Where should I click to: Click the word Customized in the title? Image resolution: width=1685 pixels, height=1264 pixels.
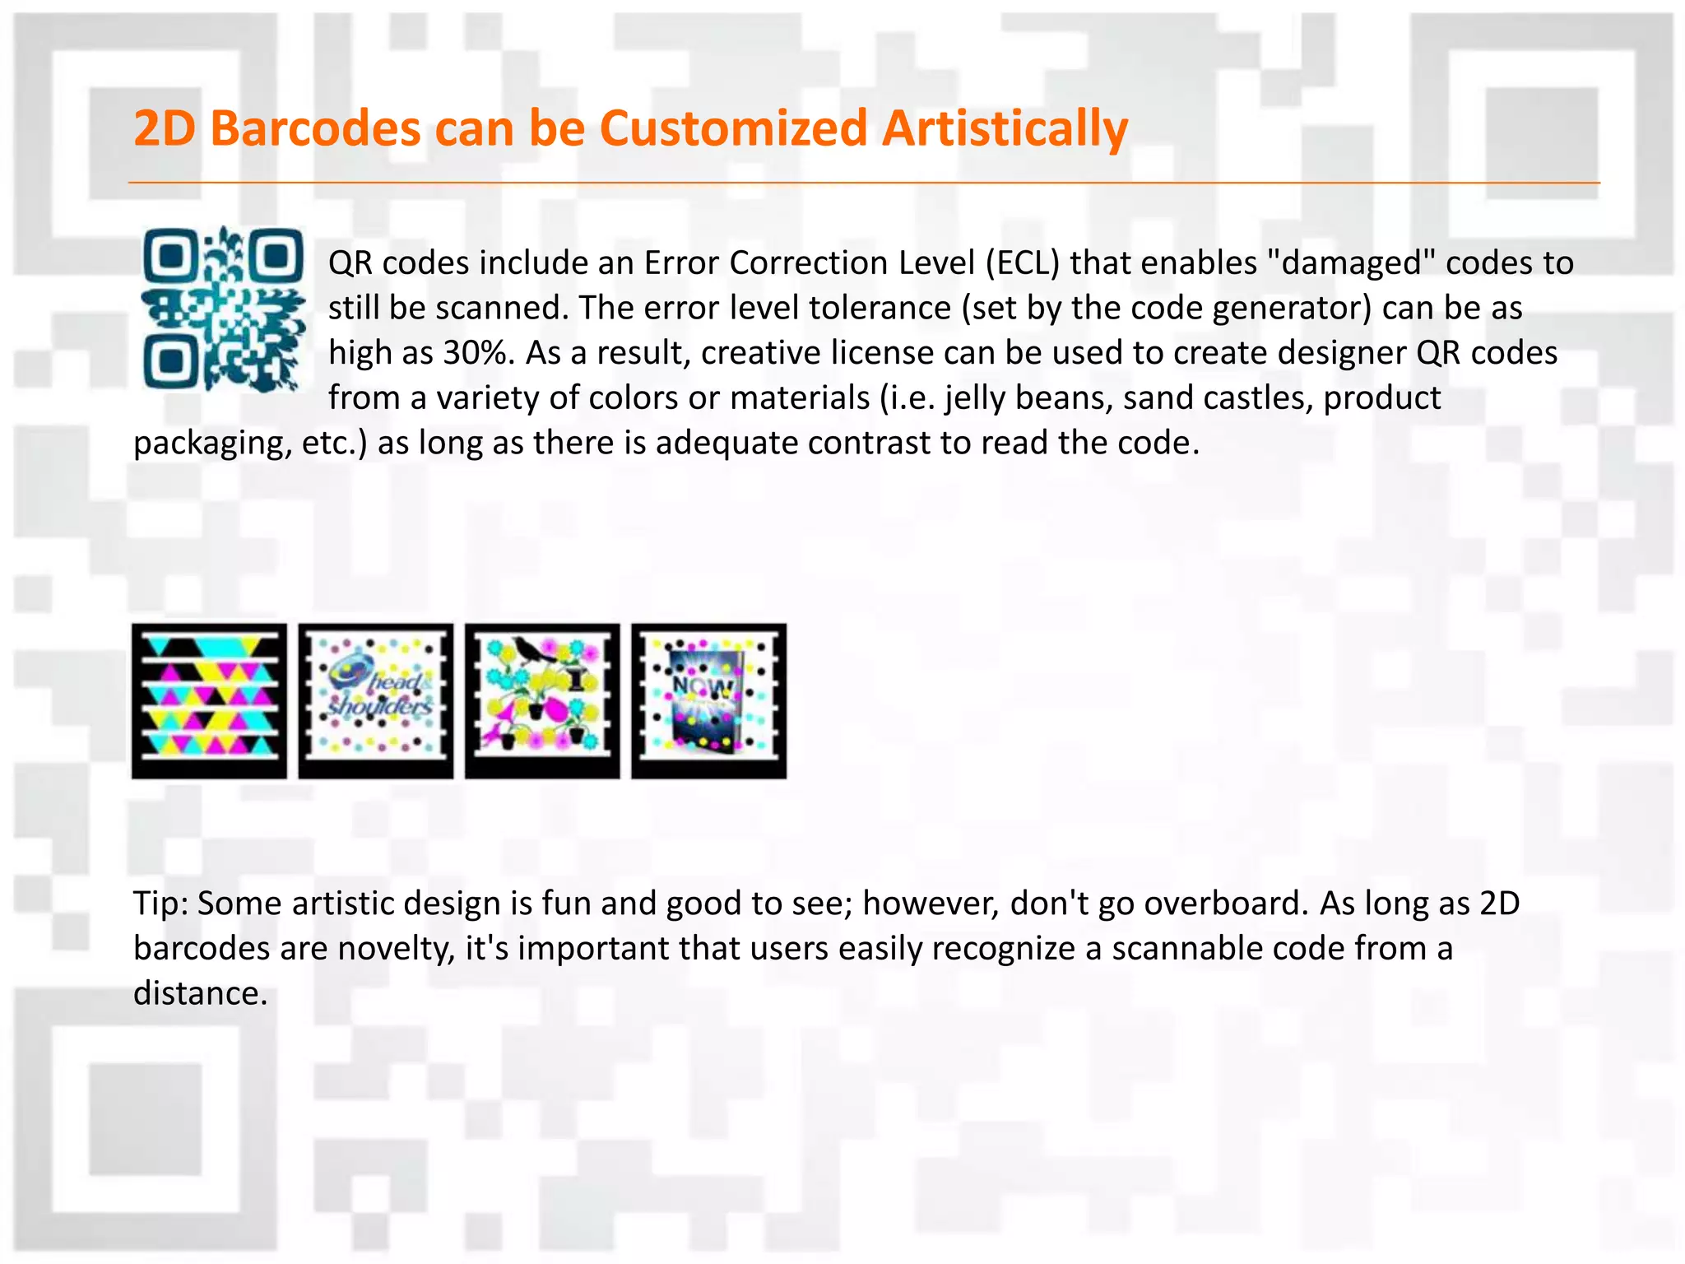(732, 129)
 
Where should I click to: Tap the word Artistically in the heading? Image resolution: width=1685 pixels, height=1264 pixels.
(1005, 129)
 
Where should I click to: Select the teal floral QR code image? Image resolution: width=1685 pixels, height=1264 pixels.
(223, 309)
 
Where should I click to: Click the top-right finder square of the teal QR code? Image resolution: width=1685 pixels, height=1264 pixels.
(276, 257)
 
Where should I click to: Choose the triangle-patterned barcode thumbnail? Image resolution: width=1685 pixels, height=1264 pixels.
(209, 700)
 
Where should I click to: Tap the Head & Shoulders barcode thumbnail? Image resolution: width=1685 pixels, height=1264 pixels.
(375, 700)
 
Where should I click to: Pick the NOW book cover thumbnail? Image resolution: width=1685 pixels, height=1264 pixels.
(708, 700)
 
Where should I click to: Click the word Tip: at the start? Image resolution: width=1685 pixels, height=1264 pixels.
(161, 904)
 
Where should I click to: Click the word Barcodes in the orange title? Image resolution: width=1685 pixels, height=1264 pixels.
(315, 129)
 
